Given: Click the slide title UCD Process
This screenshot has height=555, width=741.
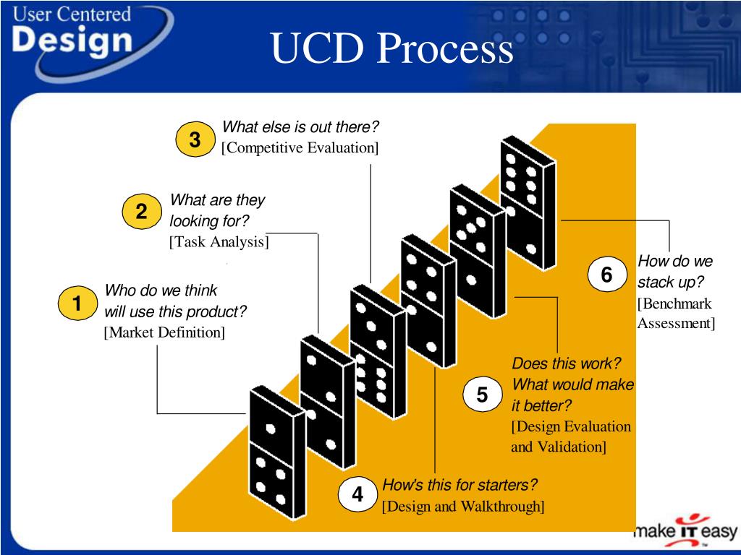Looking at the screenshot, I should tap(392, 48).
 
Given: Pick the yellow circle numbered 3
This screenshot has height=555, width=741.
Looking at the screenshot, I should tap(195, 140).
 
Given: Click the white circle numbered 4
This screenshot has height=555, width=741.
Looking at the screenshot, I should tap(357, 495).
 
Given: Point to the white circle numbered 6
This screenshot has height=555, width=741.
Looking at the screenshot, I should tap(606, 275).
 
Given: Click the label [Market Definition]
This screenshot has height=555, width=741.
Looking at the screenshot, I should tap(164, 332).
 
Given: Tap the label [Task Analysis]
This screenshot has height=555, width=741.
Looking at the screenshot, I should tap(219, 241).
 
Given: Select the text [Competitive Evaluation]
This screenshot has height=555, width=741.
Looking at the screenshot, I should tap(300, 148).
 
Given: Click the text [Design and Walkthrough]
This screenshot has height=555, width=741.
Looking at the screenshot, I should tap(463, 505).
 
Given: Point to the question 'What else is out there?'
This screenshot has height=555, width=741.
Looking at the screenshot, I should tap(300, 128).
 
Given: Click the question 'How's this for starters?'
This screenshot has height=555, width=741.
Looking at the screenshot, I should tap(460, 484).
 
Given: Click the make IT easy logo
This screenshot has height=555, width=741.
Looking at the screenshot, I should tap(685, 532).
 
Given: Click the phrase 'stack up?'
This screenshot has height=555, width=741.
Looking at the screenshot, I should tap(671, 281).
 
